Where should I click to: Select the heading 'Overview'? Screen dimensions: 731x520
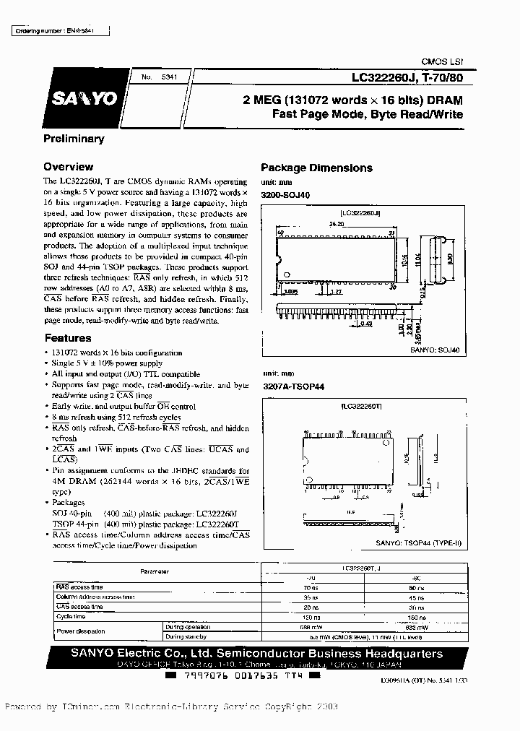pyautogui.click(x=68, y=166)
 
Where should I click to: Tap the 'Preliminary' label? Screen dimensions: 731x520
pyautogui.click(x=74, y=138)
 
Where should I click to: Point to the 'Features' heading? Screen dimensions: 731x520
pyautogui.click(x=67, y=337)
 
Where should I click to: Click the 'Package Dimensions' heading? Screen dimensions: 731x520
pyautogui.click(x=316, y=168)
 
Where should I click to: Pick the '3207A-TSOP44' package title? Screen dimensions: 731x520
pyautogui.click(x=292, y=386)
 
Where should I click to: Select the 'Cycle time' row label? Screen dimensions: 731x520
pyautogui.click(x=71, y=616)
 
